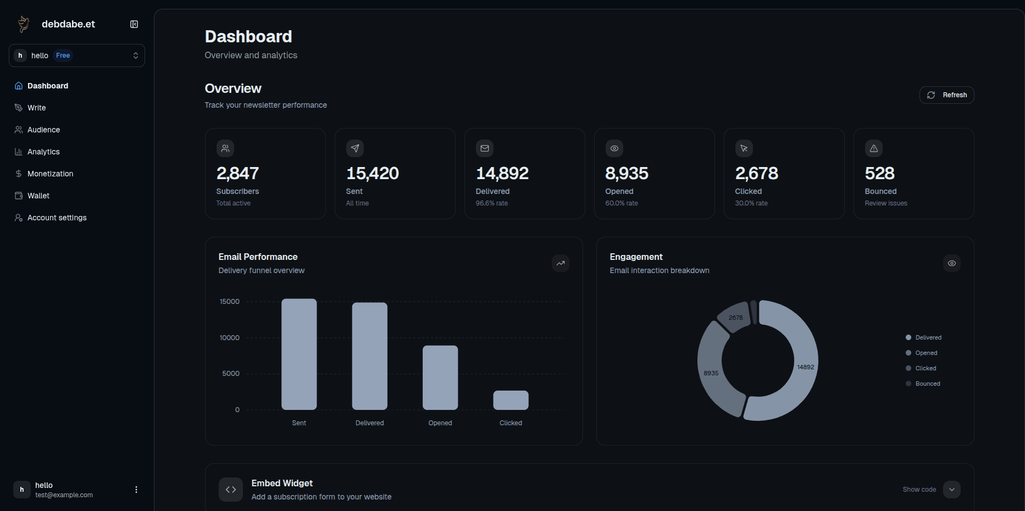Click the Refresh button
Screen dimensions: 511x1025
(x=946, y=95)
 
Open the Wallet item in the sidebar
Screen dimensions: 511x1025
(x=38, y=196)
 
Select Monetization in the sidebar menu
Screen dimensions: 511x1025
(x=50, y=174)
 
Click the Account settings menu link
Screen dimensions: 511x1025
(x=57, y=218)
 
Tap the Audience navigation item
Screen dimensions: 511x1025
(x=43, y=130)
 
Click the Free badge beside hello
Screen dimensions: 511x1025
(x=63, y=55)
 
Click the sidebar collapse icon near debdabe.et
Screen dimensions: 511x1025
(x=134, y=24)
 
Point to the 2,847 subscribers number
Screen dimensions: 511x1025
(x=237, y=174)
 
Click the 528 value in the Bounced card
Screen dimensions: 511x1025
(x=879, y=174)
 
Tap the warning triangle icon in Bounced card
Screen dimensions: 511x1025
(x=874, y=148)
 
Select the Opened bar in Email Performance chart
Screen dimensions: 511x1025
(x=440, y=377)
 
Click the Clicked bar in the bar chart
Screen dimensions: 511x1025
(x=511, y=400)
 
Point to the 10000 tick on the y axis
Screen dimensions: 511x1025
(x=230, y=338)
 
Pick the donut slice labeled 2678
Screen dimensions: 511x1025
(x=735, y=318)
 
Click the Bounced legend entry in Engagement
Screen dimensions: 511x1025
(x=927, y=384)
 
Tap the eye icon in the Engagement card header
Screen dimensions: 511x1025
(x=952, y=263)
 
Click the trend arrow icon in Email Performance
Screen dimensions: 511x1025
(x=561, y=263)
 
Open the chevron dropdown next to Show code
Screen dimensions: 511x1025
(x=952, y=490)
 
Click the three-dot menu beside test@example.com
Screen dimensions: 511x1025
(x=136, y=490)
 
